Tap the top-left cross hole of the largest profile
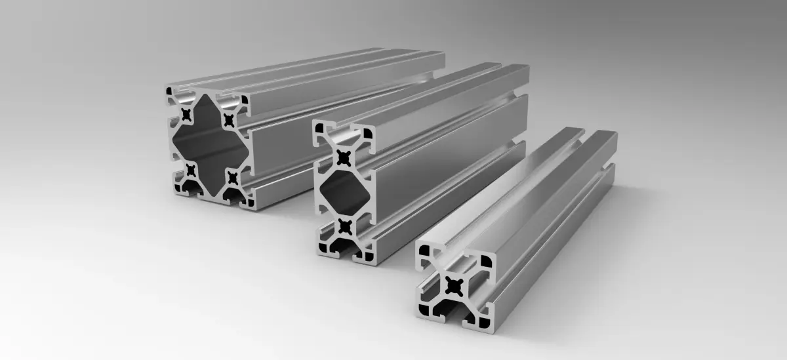pyautogui.click(x=188, y=115)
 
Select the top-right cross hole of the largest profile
pyautogui.click(x=229, y=119)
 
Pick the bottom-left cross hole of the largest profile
pyautogui.click(x=190, y=170)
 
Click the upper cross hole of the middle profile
pyautogui.click(x=343, y=157)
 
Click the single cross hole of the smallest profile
pyautogui.click(x=454, y=285)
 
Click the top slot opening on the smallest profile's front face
pyautogui.click(x=454, y=250)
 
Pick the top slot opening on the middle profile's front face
pyautogui.click(x=342, y=127)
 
